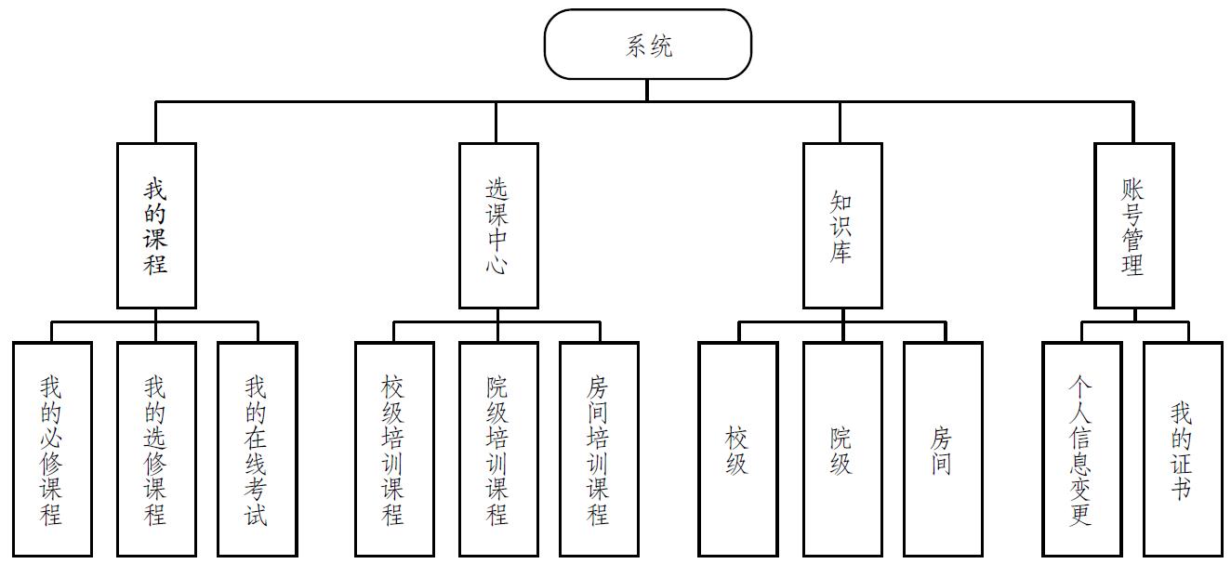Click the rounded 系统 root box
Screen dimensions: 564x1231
tap(647, 45)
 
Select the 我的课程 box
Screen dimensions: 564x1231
tap(156, 226)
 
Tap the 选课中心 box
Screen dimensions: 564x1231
tap(498, 226)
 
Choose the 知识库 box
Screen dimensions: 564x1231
tap(842, 226)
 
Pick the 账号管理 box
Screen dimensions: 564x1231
tap(1133, 226)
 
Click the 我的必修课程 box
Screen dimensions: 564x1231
tap(52, 450)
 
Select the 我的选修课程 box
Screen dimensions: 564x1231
tap(156, 450)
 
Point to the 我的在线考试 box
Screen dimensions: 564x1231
tap(258, 450)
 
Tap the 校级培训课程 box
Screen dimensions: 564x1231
tap(394, 450)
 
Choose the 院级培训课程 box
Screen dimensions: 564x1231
tap(498, 450)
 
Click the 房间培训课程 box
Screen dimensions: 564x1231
tap(599, 450)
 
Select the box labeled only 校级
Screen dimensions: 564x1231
tap(738, 450)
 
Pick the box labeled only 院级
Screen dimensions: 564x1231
tap(842, 450)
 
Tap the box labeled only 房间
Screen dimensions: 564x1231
tap(943, 450)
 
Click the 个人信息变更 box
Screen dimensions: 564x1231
tap(1081, 450)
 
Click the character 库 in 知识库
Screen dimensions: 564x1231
tap(842, 252)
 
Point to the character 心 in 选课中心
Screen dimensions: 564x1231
tap(498, 265)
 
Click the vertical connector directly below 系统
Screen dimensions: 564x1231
tap(647, 90)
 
